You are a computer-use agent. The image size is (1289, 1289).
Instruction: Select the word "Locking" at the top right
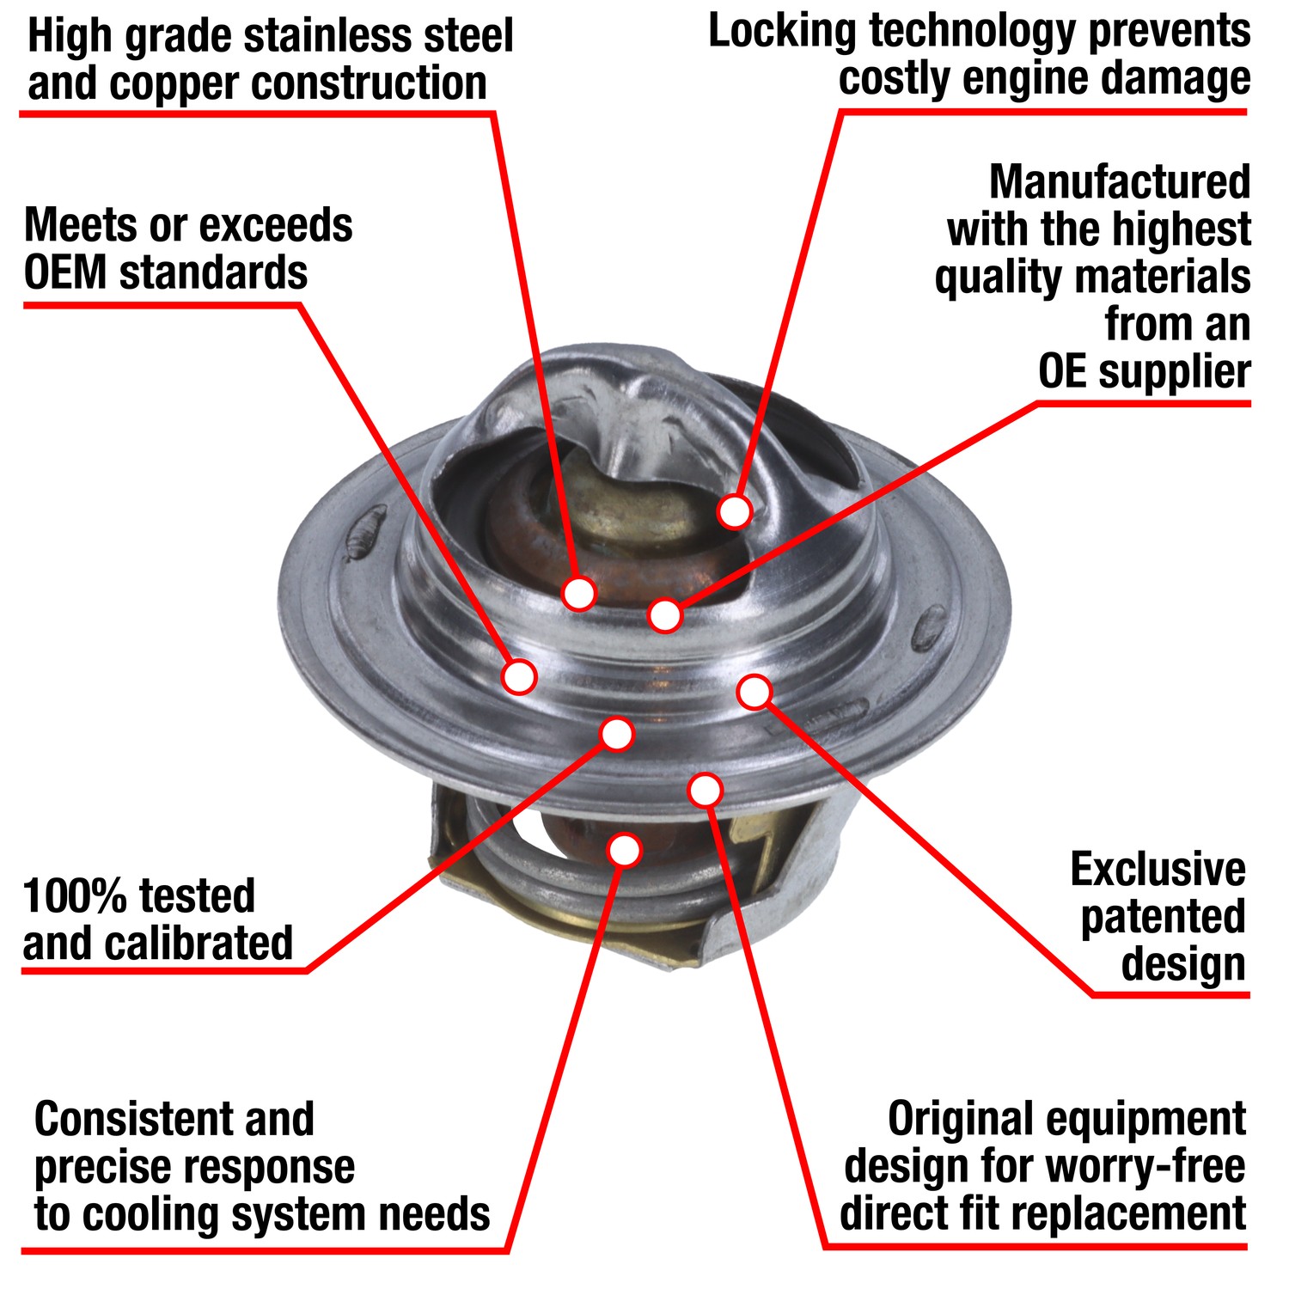pyautogui.click(x=782, y=32)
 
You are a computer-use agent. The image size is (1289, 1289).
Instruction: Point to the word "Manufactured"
pyautogui.click(x=1119, y=182)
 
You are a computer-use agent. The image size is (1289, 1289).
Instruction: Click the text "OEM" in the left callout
pyautogui.click(x=65, y=273)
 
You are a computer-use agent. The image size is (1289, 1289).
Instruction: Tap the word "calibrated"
pyautogui.click(x=200, y=944)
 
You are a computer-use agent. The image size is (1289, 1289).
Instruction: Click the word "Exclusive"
pyautogui.click(x=1158, y=870)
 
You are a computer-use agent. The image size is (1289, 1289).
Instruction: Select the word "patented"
pyautogui.click(x=1163, y=917)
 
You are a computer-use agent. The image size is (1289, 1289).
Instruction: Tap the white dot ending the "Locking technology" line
pyautogui.click(x=735, y=511)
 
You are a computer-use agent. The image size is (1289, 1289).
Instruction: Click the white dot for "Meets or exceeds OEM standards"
pyautogui.click(x=519, y=676)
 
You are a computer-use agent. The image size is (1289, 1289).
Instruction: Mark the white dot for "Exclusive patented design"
pyautogui.click(x=754, y=691)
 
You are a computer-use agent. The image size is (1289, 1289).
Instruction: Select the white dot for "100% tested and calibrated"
pyautogui.click(x=617, y=734)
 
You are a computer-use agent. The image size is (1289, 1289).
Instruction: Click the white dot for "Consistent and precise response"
pyautogui.click(x=625, y=850)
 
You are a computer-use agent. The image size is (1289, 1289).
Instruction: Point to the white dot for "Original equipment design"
pyautogui.click(x=706, y=790)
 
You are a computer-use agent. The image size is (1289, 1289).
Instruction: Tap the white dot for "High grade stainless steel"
pyautogui.click(x=579, y=593)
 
